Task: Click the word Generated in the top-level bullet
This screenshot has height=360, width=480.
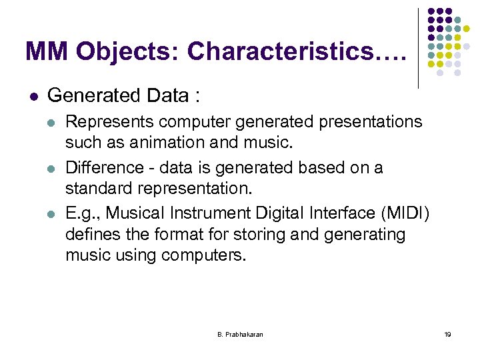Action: click(91, 96)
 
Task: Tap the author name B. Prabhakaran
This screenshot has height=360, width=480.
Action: click(240, 333)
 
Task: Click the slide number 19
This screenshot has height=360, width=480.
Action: click(447, 333)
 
